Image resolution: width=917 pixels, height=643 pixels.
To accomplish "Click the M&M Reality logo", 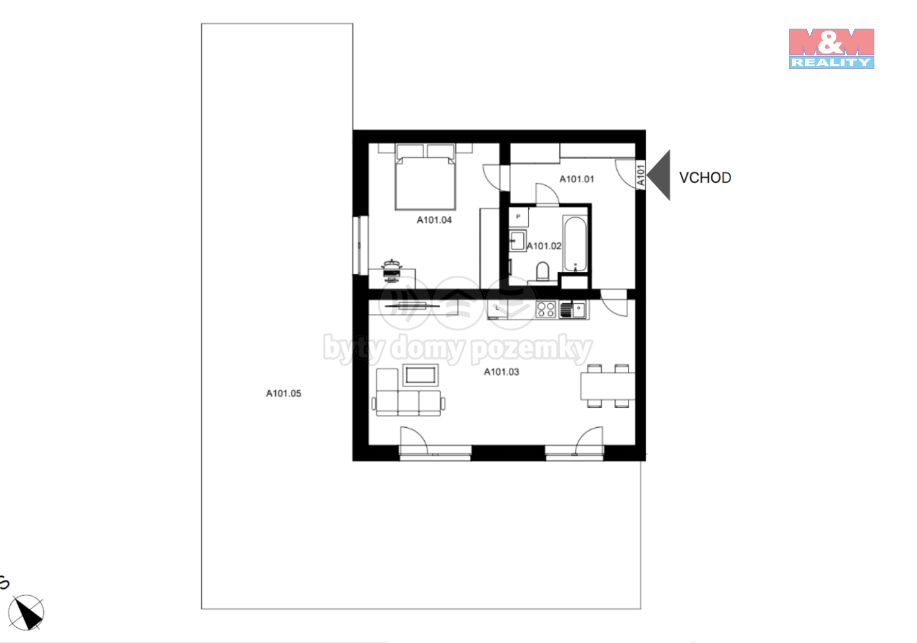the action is click(x=831, y=48).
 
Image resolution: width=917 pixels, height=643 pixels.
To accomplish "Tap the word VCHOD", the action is click(x=705, y=178).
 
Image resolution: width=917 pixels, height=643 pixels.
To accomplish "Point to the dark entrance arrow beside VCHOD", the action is click(x=659, y=175).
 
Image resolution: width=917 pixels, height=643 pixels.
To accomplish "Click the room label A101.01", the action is click(x=576, y=179).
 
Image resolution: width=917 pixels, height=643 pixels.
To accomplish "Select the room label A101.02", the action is click(x=544, y=246).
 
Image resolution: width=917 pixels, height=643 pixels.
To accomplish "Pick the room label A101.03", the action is click(x=502, y=372).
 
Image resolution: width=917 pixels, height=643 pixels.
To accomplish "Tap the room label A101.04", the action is click(x=434, y=220).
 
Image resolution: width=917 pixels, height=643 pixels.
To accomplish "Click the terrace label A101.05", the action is click(x=283, y=393).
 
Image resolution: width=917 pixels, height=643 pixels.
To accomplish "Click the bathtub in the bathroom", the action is click(x=575, y=244).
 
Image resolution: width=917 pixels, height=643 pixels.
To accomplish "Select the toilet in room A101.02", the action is click(x=543, y=272).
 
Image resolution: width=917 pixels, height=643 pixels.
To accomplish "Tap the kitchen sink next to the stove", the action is click(x=572, y=309).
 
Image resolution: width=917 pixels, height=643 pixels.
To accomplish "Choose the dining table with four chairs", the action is click(x=608, y=386).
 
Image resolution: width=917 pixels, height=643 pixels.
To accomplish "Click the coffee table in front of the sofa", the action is click(x=420, y=375).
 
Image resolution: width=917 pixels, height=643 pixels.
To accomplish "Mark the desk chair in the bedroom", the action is click(x=392, y=271).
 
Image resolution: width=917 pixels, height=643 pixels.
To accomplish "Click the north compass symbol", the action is click(x=26, y=612).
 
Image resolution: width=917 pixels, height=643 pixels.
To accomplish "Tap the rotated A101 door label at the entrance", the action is click(x=641, y=175).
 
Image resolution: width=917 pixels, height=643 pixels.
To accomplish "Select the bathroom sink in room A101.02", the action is click(x=518, y=241).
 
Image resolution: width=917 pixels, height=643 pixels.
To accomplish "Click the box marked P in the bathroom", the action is click(x=518, y=217).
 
